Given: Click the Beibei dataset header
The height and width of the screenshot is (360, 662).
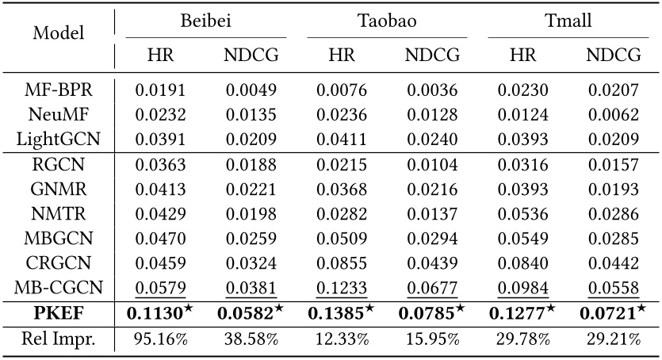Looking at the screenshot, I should [201, 20].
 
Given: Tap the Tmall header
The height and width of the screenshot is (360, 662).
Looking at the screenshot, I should [568, 20].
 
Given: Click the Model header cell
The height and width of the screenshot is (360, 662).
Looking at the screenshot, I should [57, 36].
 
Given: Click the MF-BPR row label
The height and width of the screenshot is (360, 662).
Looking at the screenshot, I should [57, 90].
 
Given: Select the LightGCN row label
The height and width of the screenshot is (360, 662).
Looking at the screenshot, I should [57, 139].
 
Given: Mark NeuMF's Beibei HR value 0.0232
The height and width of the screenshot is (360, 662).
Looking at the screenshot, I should [156, 114].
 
